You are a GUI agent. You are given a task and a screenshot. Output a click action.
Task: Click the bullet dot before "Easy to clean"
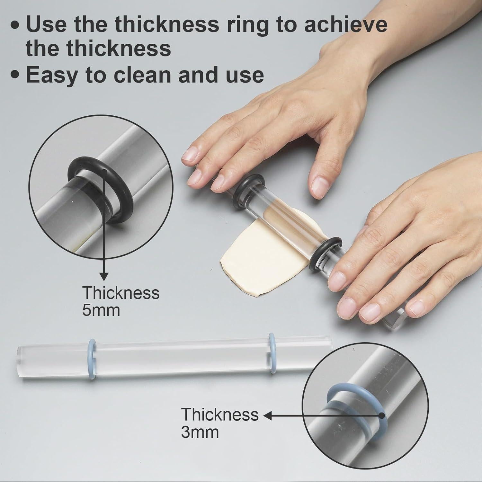pos(15,75)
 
